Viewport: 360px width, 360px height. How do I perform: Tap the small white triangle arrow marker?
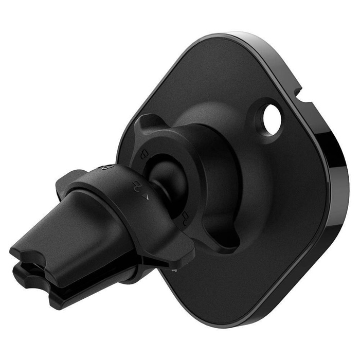[x=146, y=196]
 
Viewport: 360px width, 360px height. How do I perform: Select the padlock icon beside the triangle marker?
[x=137, y=184]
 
